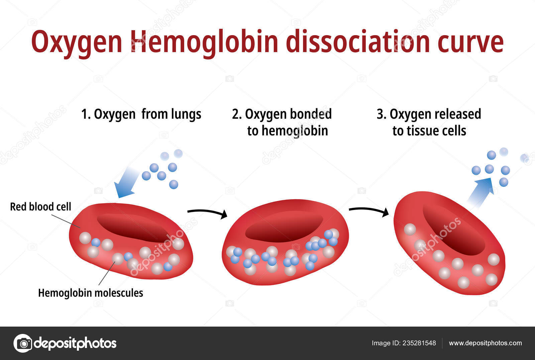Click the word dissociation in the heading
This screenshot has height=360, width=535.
point(357,42)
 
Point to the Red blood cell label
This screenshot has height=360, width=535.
point(40,207)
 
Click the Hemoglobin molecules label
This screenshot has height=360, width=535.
point(91,293)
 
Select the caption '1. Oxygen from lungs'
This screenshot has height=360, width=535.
point(141,114)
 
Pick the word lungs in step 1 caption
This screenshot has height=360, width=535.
point(186,114)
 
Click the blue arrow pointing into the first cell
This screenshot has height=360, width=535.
point(126,183)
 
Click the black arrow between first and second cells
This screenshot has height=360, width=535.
point(208,213)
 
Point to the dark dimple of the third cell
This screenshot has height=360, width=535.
point(453,231)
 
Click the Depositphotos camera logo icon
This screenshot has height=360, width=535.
point(23,343)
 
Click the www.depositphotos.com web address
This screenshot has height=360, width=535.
point(485,343)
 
